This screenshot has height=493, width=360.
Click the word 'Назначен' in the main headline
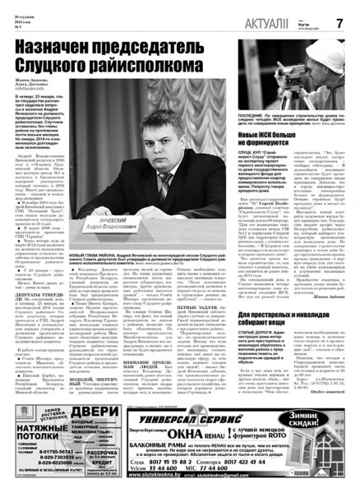pyautogui.click(x=57, y=48)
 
